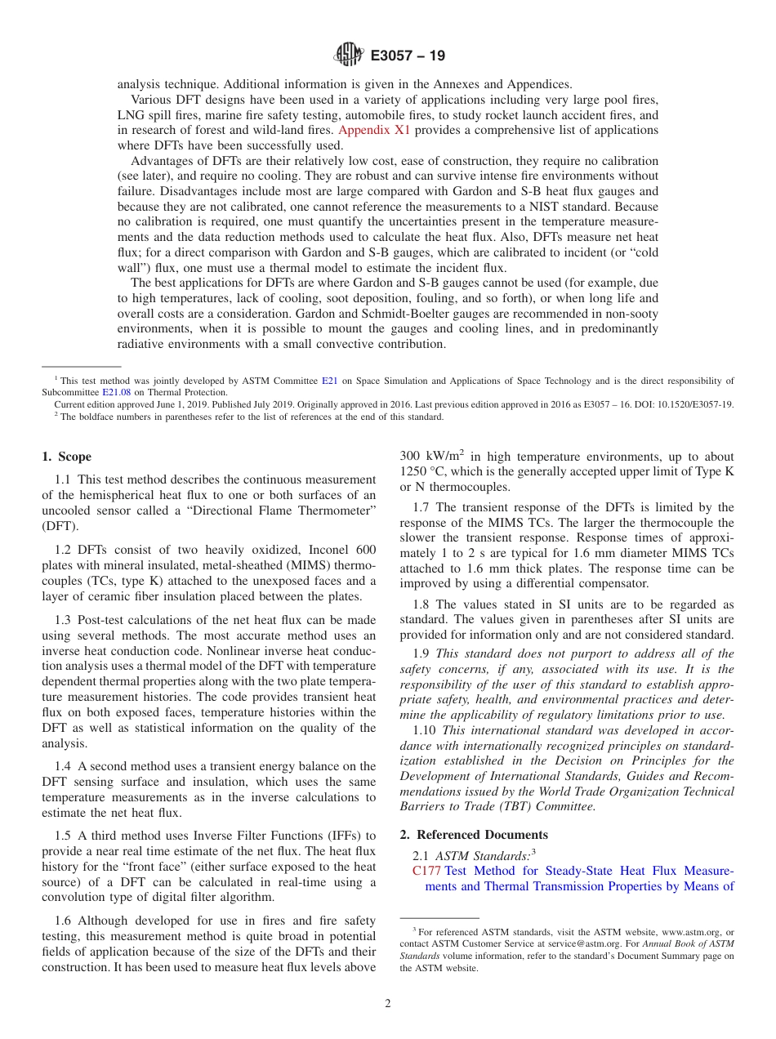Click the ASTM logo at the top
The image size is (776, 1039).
point(349,56)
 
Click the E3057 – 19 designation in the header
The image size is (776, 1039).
point(408,56)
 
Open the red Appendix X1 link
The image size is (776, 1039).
point(374,130)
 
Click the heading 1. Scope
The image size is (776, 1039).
point(66,457)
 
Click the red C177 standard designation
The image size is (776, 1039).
point(426,871)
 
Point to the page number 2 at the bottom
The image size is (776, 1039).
point(388,1004)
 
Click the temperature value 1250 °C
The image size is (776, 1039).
point(426,471)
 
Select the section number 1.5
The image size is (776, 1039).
point(64,835)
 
